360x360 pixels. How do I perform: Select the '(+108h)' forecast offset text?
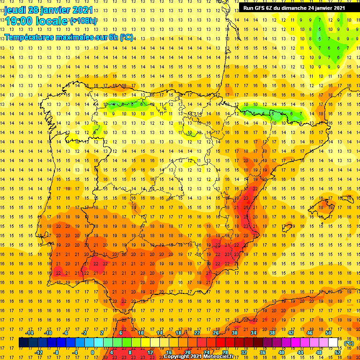(83, 21)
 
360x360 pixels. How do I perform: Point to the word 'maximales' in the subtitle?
(75, 37)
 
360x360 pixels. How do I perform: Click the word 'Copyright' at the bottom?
(178, 357)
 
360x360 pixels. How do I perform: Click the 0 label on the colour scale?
(93, 352)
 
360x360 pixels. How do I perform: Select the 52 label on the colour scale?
(337, 352)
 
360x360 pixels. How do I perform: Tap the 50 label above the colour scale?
(328, 333)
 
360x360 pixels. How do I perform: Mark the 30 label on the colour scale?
(234, 333)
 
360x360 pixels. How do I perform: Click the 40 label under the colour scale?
(281, 352)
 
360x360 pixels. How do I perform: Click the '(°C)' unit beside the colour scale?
(349, 343)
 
